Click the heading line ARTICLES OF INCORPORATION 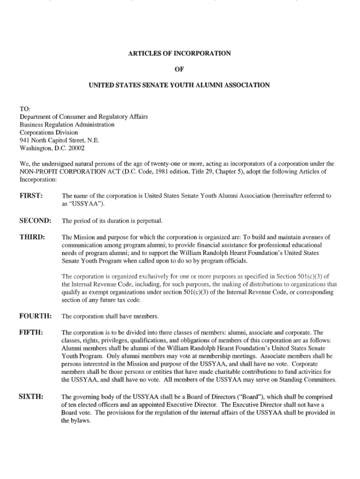[180, 53]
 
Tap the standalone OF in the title [180, 69]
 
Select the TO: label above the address [25, 109]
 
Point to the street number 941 [25, 140]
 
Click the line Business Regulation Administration [67, 124]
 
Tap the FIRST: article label [31, 196]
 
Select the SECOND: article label [35, 220]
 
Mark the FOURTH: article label [35, 316]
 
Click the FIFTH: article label [31, 332]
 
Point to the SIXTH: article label [31, 396]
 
